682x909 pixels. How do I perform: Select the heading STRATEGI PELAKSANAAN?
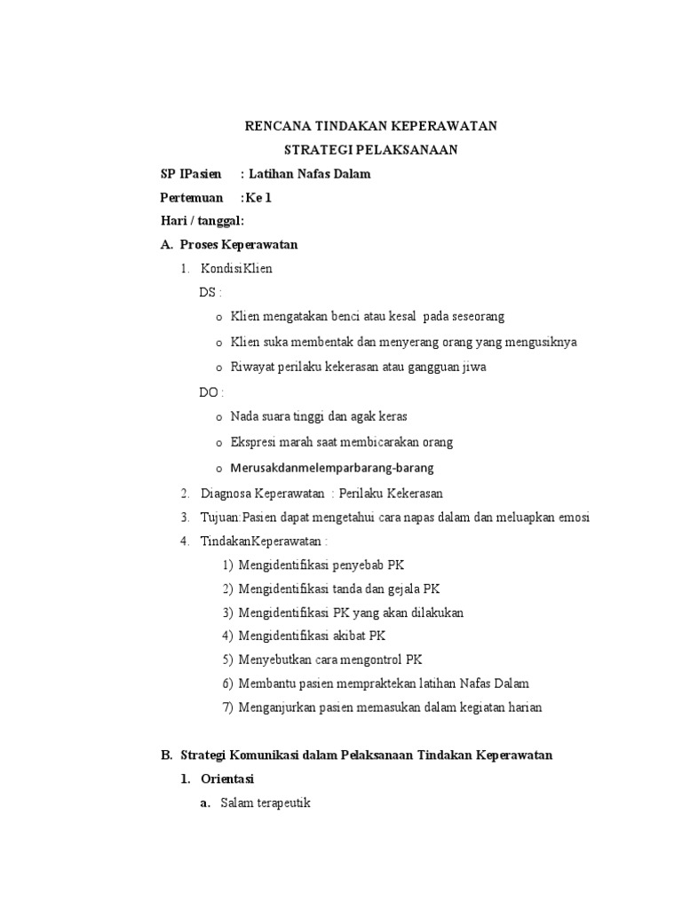(x=370, y=150)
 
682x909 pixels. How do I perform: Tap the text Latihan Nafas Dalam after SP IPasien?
(x=308, y=174)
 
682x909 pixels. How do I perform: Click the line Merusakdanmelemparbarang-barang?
(x=332, y=468)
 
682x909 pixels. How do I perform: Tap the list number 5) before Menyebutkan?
(x=227, y=660)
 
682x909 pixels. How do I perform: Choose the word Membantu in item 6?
(x=264, y=684)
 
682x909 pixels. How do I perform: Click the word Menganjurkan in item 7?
(x=275, y=707)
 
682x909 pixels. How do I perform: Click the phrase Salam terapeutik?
(x=266, y=803)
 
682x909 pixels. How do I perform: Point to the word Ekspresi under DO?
(x=254, y=442)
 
